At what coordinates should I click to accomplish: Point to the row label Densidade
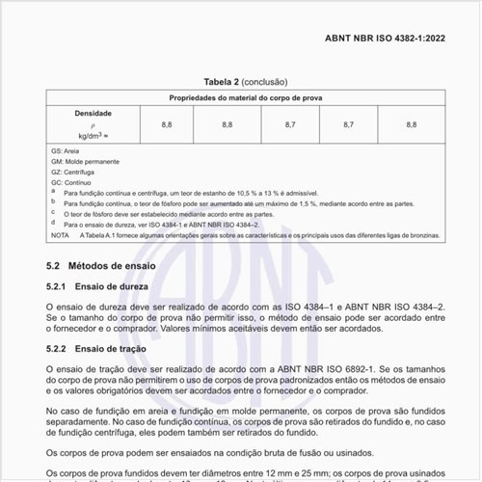tap(94, 113)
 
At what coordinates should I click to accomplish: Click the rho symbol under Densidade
tap(94, 124)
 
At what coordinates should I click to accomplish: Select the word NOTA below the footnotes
tap(61, 234)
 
